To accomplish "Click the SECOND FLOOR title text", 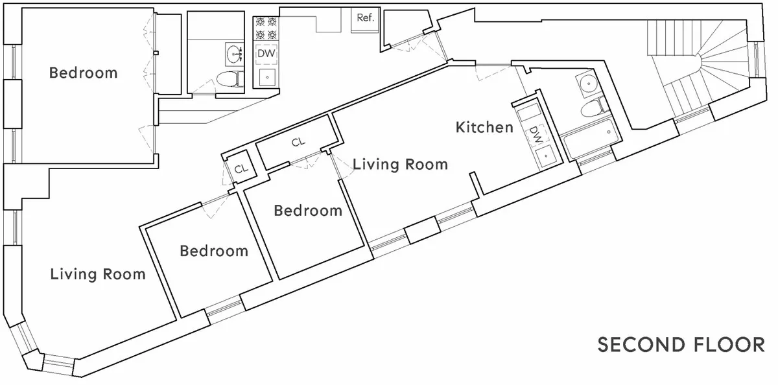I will pyautogui.click(x=680, y=345).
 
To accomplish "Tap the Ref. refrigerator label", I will pyautogui.click(x=365, y=18).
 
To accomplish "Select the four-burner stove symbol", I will pyautogui.click(x=266, y=29).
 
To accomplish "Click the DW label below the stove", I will pyautogui.click(x=266, y=54).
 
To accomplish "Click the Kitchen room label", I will pyautogui.click(x=484, y=127).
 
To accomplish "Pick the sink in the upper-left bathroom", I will pyautogui.click(x=233, y=52).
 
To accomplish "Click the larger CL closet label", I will pyautogui.click(x=298, y=143).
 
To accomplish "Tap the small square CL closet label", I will pyautogui.click(x=241, y=169).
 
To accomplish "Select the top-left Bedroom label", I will pyautogui.click(x=84, y=73).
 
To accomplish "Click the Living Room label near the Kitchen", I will pyautogui.click(x=400, y=165).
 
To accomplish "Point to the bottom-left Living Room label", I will pyautogui.click(x=98, y=274).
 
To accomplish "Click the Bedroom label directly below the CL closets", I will pyautogui.click(x=307, y=211).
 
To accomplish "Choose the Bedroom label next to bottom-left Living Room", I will pyautogui.click(x=214, y=251).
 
